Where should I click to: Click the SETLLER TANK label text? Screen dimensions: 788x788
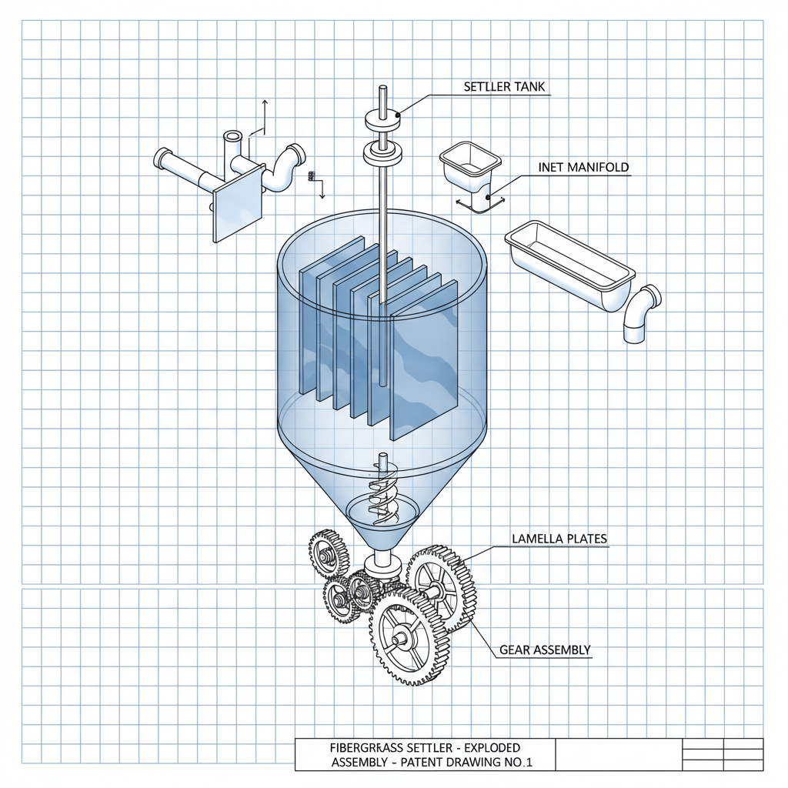click(504, 87)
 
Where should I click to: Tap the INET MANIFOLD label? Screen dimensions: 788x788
click(583, 166)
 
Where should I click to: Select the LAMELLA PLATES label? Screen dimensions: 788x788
click(559, 539)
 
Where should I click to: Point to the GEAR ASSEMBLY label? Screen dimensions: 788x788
click(545, 650)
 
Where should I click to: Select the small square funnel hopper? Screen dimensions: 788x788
click(469, 165)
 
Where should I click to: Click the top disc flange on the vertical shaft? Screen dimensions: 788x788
click(382, 121)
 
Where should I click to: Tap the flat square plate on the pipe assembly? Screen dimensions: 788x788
click(236, 205)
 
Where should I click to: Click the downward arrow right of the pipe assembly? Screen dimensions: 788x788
click(322, 189)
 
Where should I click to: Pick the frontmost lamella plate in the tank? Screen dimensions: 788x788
click(423, 362)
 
